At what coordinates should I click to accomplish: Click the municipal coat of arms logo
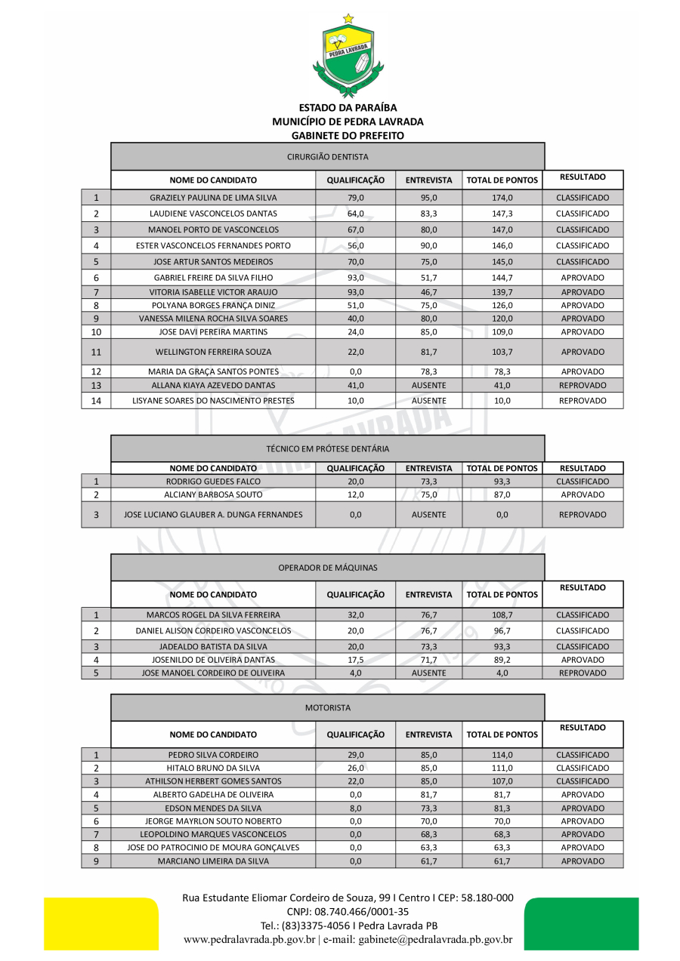[348, 57]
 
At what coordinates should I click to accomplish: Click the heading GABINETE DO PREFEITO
[348, 136]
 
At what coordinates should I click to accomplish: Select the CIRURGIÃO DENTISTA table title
[328, 156]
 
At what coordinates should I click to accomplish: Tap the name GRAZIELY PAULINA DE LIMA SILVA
[213, 198]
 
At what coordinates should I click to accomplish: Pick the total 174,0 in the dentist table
[502, 198]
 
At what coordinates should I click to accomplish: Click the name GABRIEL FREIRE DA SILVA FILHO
[213, 278]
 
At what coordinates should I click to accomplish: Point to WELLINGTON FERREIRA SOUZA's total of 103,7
[502, 352]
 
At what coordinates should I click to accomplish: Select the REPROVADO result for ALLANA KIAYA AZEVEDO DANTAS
[583, 385]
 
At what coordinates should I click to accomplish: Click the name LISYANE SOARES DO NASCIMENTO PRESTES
[213, 401]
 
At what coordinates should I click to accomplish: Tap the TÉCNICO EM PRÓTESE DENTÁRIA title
[328, 448]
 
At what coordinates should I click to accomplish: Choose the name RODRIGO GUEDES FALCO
[213, 482]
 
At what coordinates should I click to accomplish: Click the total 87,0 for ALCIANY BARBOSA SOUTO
[502, 494]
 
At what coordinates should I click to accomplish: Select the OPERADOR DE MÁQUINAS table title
[328, 568]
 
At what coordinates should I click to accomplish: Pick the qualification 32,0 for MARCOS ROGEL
[355, 615]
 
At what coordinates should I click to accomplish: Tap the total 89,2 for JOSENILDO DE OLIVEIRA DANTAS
[502, 660]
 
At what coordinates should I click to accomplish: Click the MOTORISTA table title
[328, 708]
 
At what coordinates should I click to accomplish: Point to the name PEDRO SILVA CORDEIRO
[213, 755]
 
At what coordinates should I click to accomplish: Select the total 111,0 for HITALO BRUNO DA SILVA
[502, 768]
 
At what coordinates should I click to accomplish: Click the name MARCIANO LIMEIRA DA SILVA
[213, 861]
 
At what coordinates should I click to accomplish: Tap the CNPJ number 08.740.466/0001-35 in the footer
[348, 911]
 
